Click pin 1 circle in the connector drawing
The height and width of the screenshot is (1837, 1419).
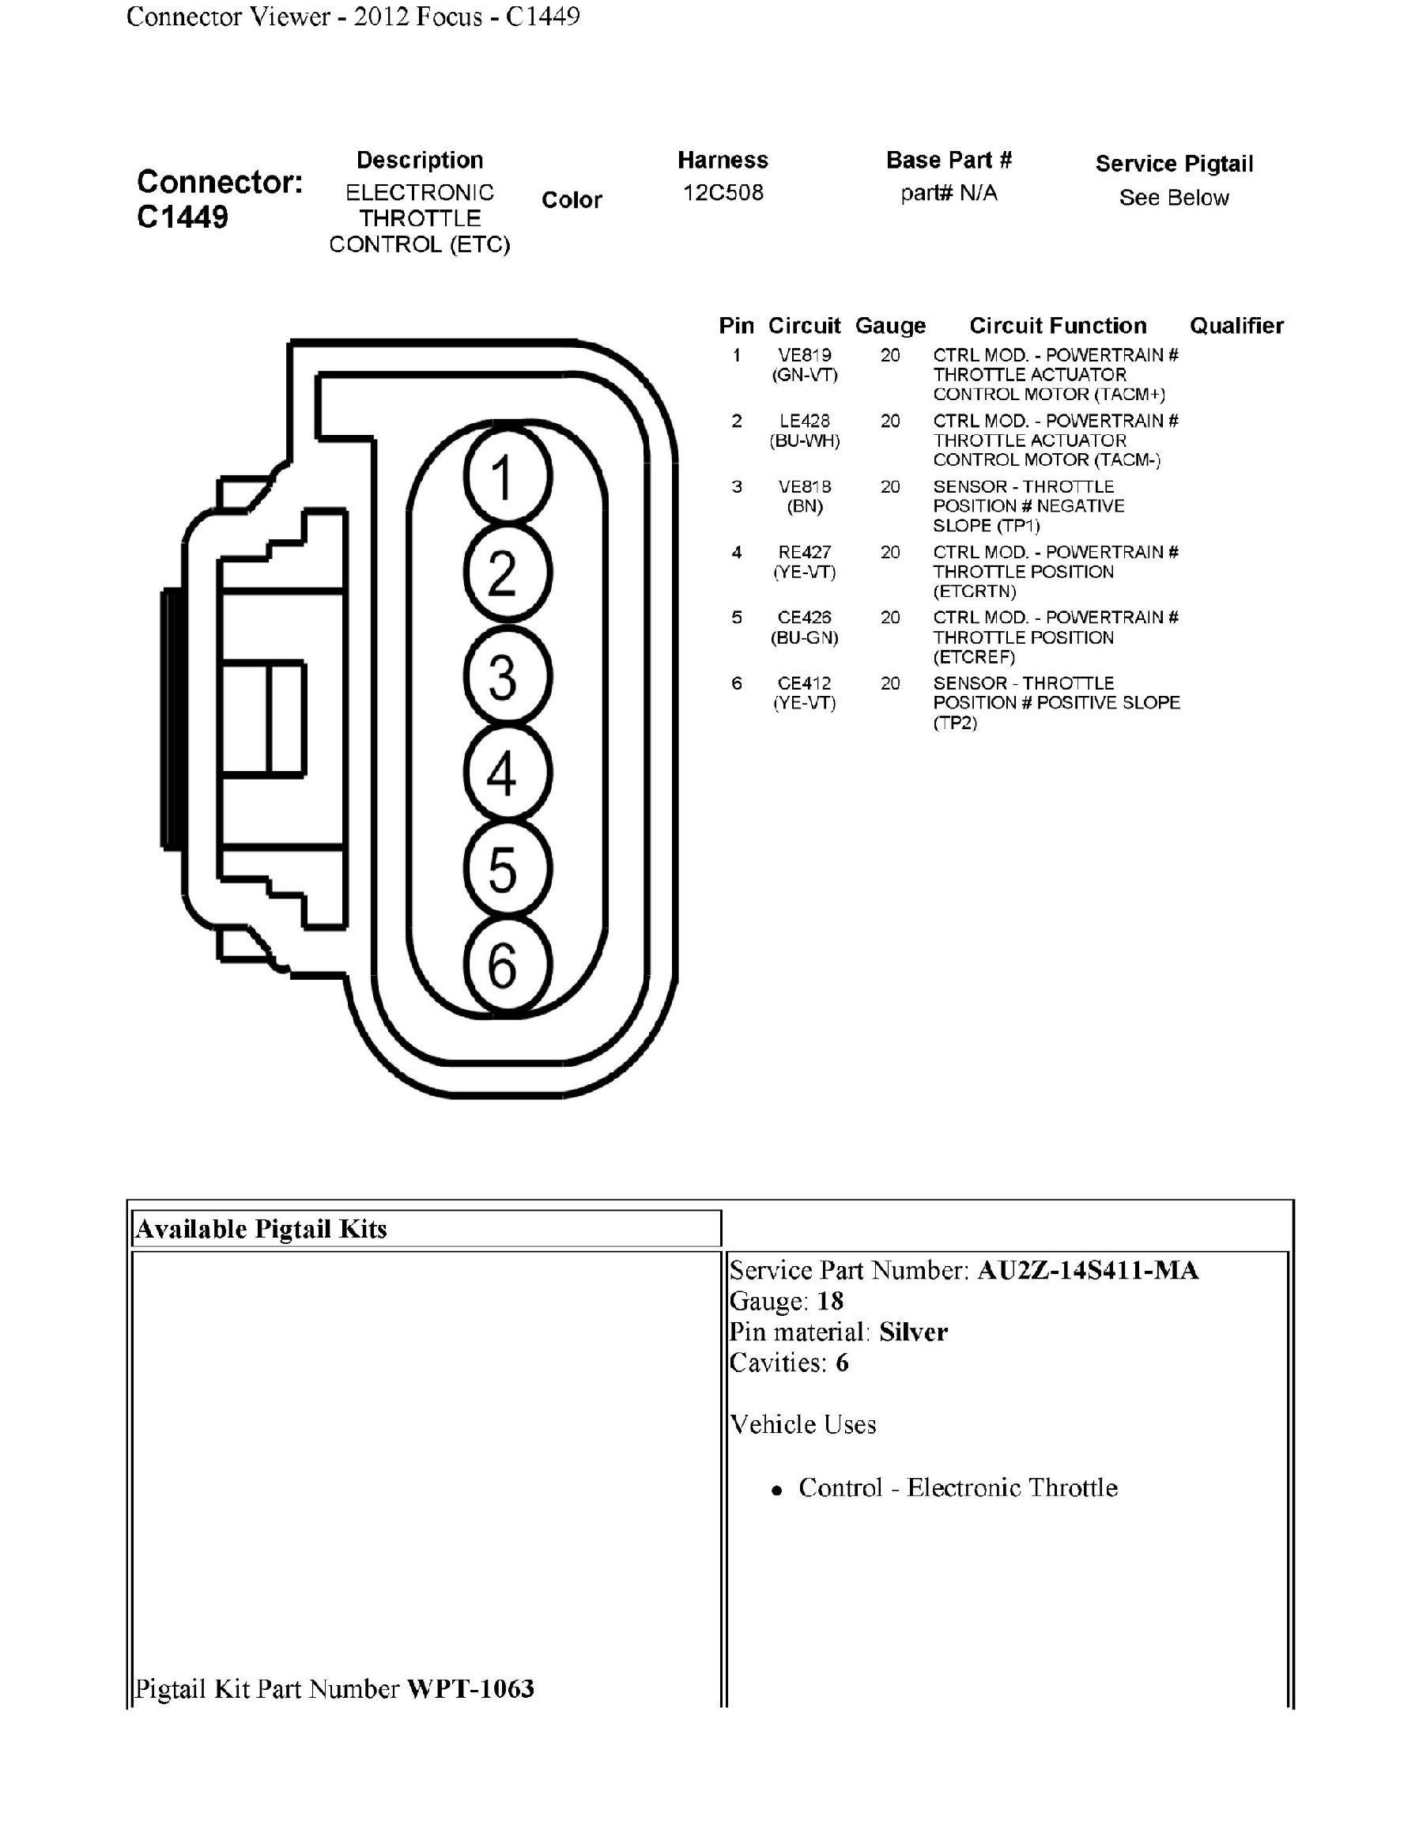point(507,476)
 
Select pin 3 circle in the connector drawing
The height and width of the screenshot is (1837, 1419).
point(507,675)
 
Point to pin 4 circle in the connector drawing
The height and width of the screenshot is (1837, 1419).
point(507,772)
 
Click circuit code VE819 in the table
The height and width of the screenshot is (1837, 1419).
point(805,355)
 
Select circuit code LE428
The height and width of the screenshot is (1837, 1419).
point(805,421)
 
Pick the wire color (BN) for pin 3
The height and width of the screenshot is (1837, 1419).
point(805,506)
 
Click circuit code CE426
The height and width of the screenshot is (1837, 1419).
point(805,618)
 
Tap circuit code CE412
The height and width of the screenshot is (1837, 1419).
point(805,683)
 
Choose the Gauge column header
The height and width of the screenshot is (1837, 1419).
point(890,326)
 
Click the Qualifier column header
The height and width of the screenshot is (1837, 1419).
point(1236,326)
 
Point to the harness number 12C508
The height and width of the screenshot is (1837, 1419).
point(723,193)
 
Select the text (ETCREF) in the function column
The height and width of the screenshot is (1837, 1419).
point(973,657)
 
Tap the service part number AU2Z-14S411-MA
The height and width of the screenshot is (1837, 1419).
point(1087,1270)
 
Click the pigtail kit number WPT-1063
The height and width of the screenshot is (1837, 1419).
point(470,1688)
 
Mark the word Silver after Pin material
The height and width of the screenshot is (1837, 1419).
point(913,1332)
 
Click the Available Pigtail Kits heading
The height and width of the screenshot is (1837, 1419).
point(262,1229)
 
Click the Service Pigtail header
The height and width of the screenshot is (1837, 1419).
point(1173,164)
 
